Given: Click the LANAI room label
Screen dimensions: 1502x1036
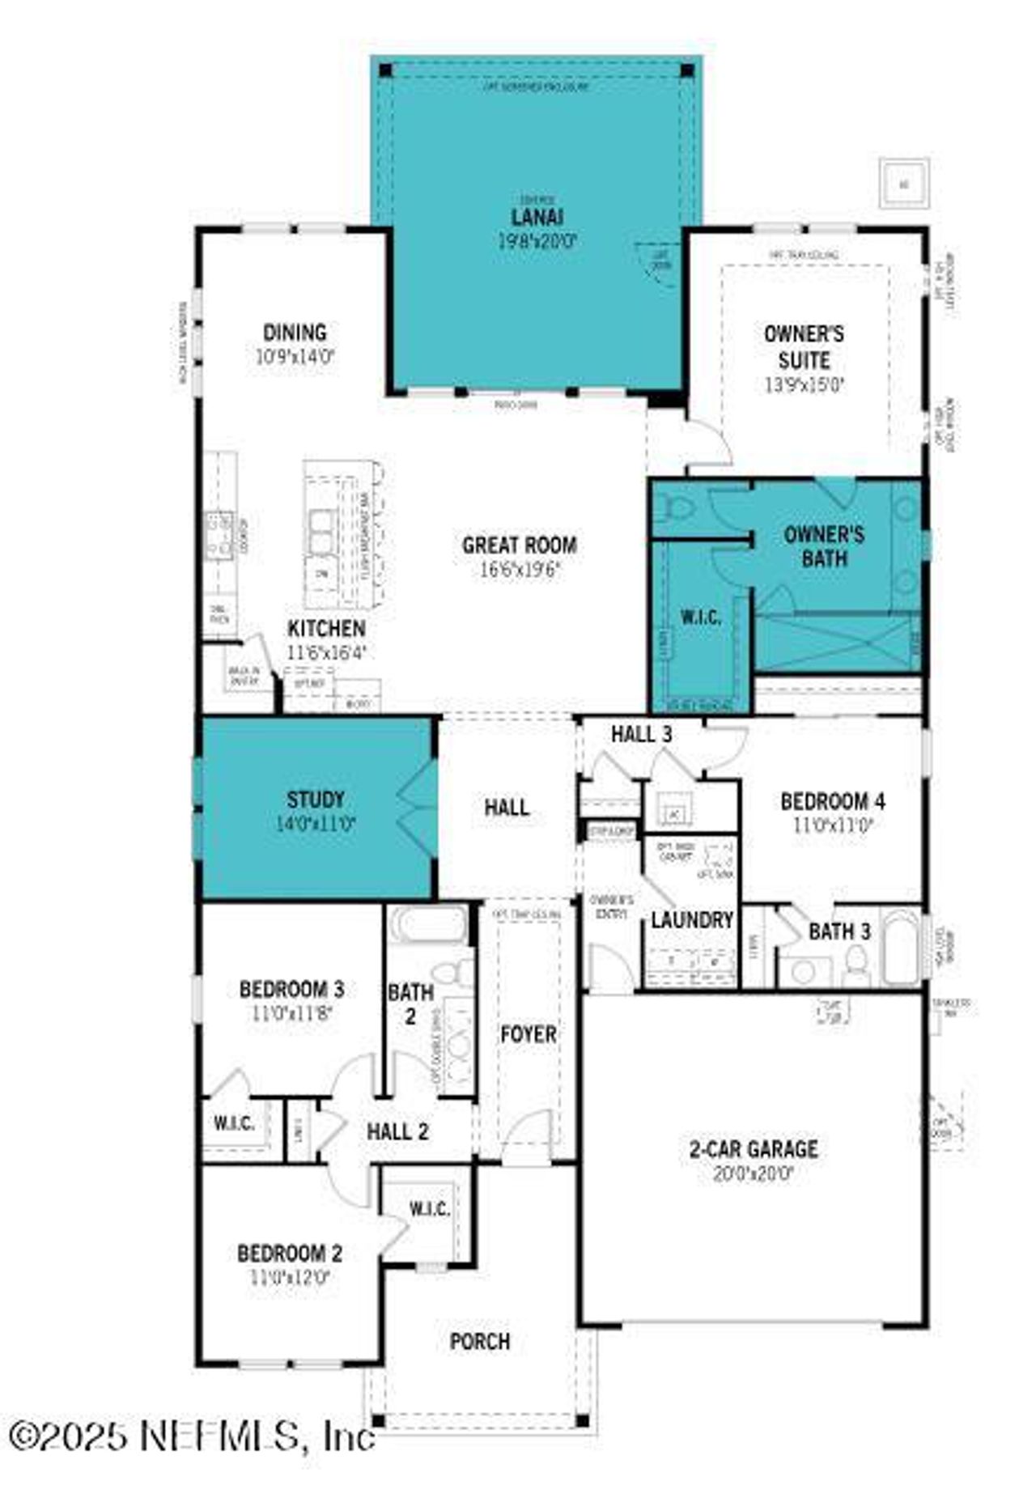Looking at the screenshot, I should [x=537, y=217].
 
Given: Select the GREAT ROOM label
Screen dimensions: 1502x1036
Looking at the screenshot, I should [x=519, y=545].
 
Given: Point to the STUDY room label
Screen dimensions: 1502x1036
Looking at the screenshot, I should [x=315, y=800].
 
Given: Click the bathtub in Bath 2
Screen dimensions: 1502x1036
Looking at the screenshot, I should [x=427, y=924].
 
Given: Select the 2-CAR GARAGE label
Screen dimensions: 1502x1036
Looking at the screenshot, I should [x=753, y=1149].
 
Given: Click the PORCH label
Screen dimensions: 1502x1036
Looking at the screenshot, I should [x=480, y=1342].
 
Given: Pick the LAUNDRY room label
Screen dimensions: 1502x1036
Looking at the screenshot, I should [x=692, y=920].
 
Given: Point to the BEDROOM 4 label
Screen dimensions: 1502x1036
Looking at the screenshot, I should [x=832, y=802].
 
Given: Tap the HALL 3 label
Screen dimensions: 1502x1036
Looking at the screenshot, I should [x=641, y=734].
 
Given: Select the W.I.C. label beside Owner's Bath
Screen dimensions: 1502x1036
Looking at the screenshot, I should [x=701, y=617].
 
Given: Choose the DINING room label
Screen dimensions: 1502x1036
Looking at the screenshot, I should [x=295, y=333].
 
